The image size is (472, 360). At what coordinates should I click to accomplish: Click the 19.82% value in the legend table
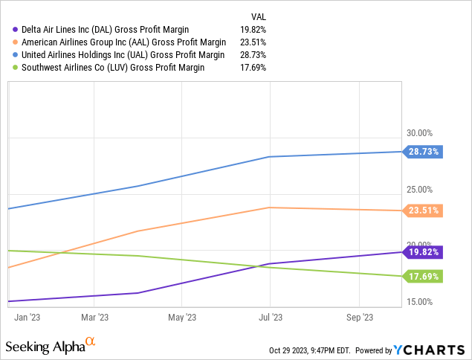[253, 30]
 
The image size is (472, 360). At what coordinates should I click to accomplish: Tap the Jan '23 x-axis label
[27, 318]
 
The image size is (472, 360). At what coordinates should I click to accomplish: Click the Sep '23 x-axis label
[360, 318]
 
